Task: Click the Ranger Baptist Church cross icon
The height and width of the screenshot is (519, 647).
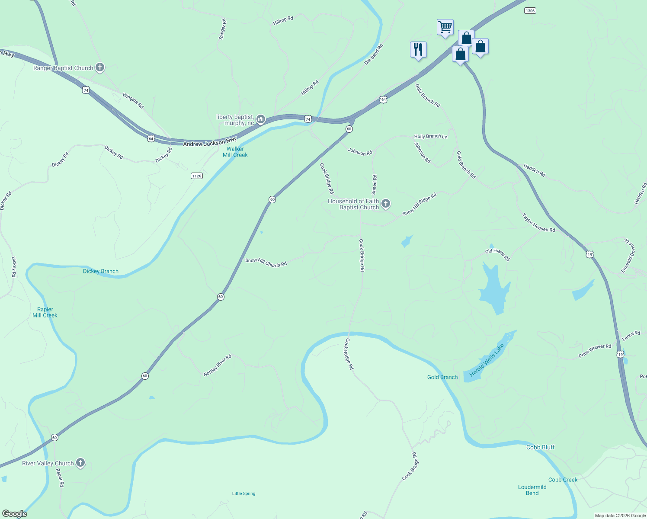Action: coord(100,67)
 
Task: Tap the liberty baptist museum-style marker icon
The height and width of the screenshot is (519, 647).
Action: coord(260,119)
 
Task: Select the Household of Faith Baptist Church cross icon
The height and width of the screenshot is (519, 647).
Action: coord(386,203)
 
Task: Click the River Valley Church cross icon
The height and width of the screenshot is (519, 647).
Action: coord(80,463)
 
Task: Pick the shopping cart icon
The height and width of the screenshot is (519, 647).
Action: coord(445,27)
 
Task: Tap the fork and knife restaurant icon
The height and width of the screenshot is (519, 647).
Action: coord(418,50)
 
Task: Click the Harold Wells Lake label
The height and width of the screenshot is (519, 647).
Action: coord(487,360)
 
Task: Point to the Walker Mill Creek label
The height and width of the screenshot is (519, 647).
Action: coord(235,152)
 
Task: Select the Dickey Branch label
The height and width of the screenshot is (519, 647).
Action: coord(101,271)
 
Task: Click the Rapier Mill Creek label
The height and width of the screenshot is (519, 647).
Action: coord(45,312)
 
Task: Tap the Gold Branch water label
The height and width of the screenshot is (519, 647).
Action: coord(442,377)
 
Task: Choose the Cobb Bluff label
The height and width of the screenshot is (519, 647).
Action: coord(540,447)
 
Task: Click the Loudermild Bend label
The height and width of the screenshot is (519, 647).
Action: coord(532,490)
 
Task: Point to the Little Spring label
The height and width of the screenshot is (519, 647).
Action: coord(244,493)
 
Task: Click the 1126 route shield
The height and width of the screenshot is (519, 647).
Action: coord(197,176)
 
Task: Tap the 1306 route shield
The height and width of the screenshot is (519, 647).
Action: coord(530,10)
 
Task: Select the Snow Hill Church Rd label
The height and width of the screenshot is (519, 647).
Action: coord(266,263)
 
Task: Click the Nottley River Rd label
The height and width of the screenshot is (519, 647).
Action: coord(218,365)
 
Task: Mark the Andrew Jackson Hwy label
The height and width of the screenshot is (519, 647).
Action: coord(210,142)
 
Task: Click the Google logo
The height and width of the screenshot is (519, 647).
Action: coord(15,514)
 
